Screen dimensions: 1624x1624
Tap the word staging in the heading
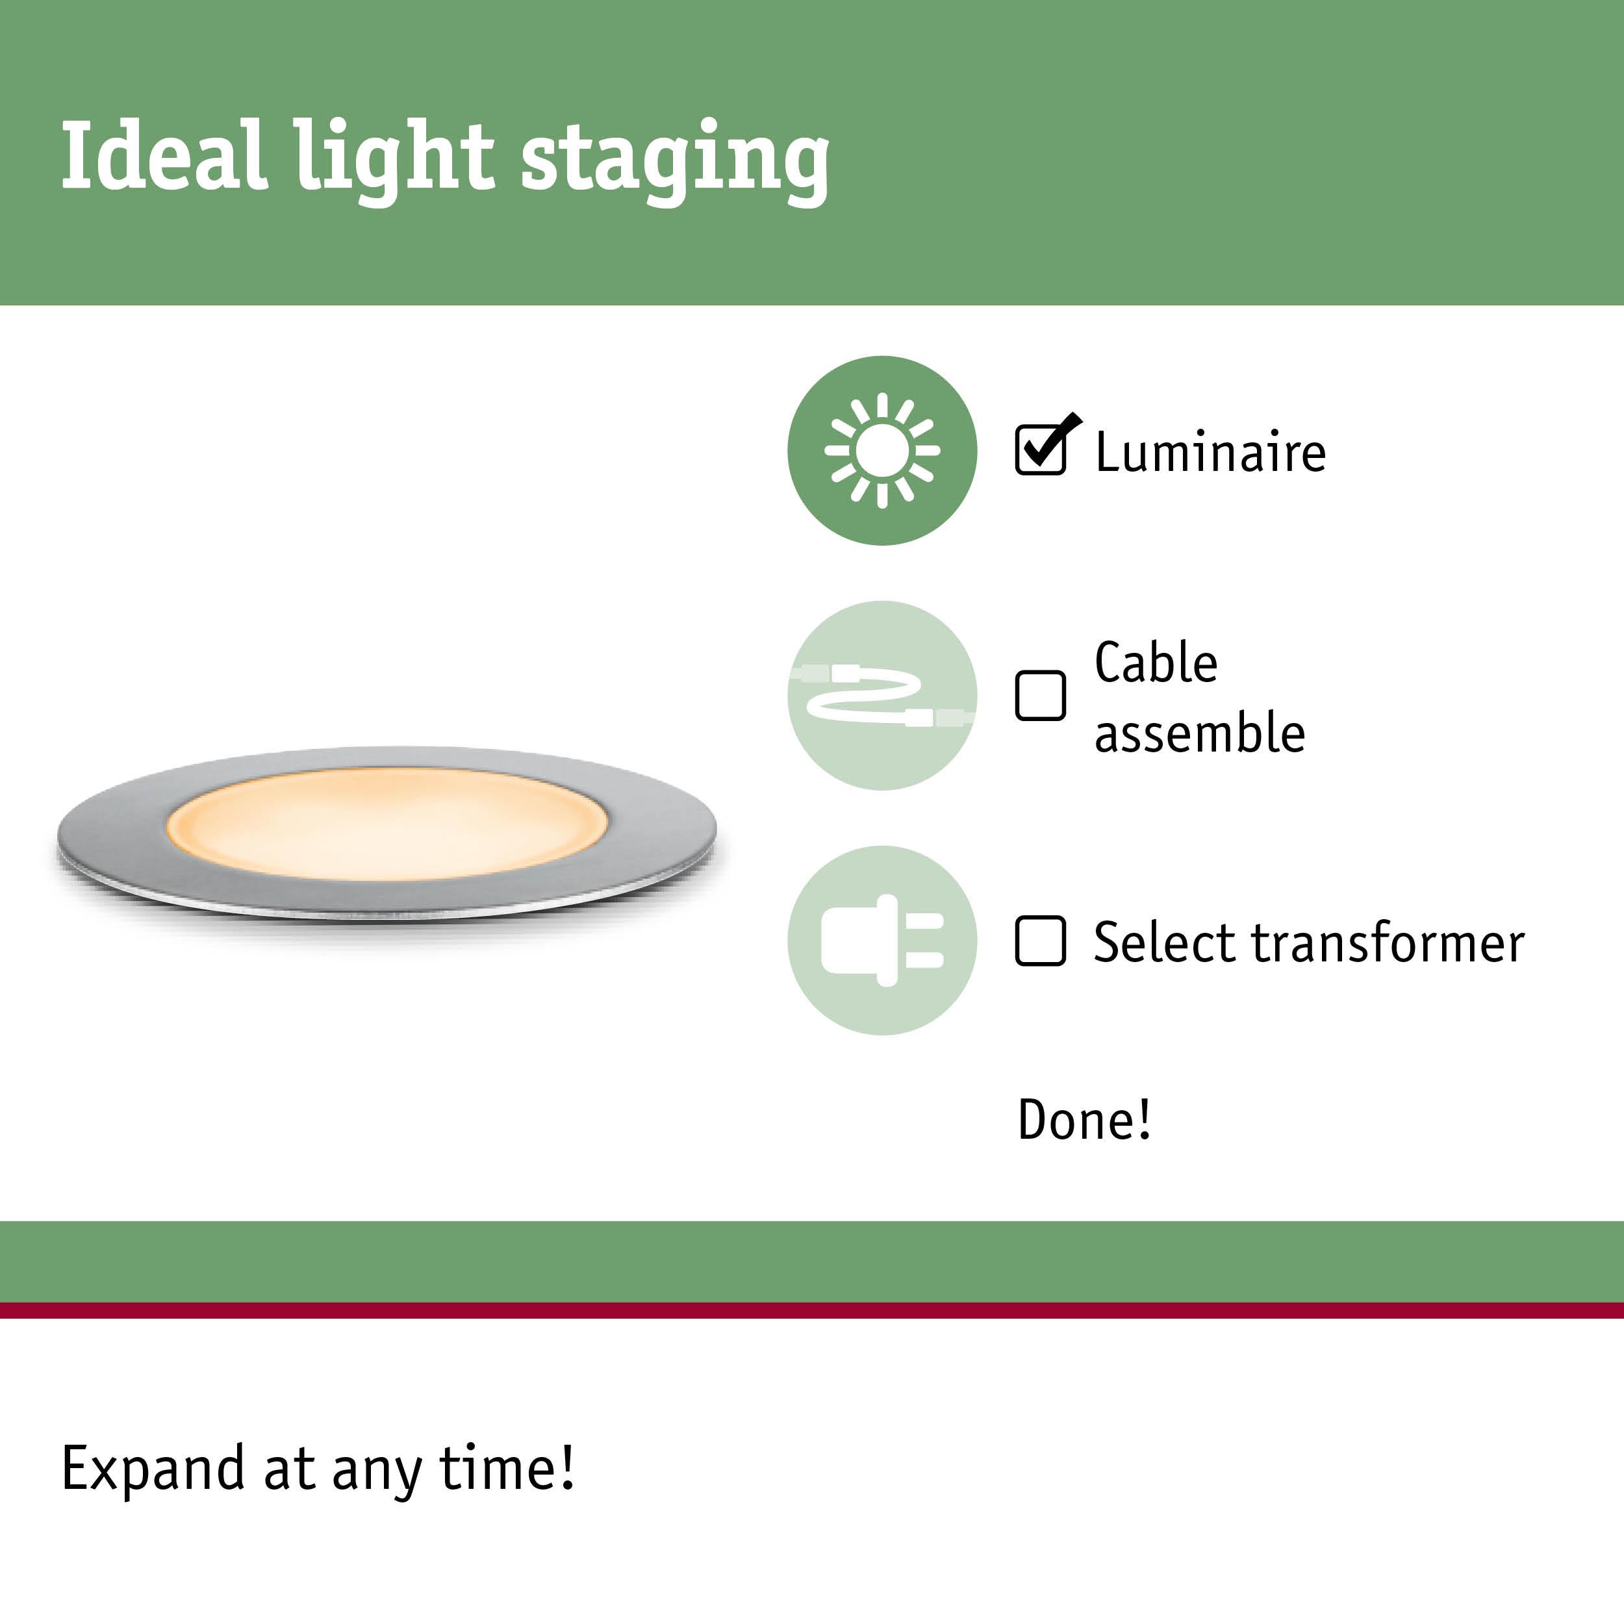(675, 160)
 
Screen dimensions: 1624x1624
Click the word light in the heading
(392, 158)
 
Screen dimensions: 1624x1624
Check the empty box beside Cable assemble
(1041, 695)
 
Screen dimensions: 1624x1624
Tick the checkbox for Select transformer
(1041, 941)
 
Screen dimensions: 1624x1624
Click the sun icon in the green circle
(882, 451)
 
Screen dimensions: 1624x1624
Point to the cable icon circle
(882, 695)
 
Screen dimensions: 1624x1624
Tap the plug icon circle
(882, 940)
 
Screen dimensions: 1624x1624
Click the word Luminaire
(1210, 452)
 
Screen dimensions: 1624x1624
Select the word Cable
(1156, 663)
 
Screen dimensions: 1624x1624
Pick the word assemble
(1200, 732)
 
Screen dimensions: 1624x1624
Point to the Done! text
(1084, 1120)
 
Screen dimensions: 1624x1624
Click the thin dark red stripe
(812, 1310)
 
